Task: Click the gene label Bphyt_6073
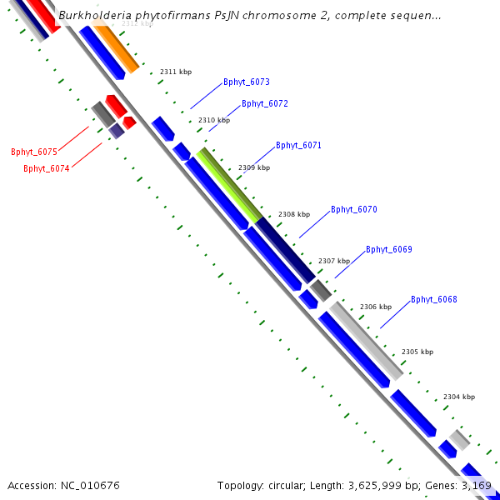click(246, 82)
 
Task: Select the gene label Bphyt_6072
click(264, 104)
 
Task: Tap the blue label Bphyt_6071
click(298, 146)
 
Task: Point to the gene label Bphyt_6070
click(353, 209)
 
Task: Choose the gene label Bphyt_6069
click(388, 250)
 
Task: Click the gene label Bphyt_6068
click(433, 300)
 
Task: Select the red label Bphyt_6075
click(34, 152)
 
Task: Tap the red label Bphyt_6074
click(47, 168)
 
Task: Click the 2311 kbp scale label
click(176, 72)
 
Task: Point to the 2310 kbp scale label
click(213, 121)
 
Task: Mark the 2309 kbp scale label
click(254, 168)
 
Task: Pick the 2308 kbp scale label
click(293, 214)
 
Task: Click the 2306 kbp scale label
click(375, 307)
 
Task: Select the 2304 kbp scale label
click(458, 397)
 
